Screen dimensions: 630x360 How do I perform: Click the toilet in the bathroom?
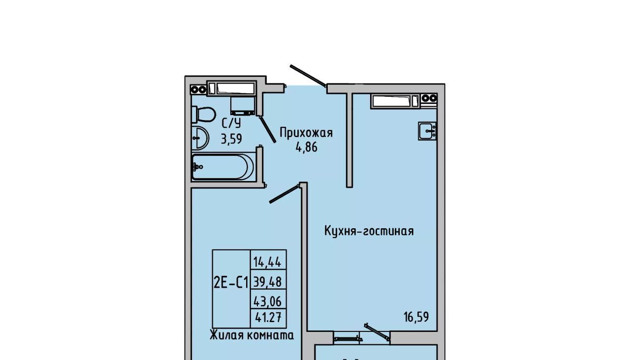click(204, 115)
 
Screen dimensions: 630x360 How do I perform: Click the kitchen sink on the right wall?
click(427, 131)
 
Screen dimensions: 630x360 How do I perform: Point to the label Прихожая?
click(306, 133)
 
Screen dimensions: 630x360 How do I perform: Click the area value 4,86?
click(306, 147)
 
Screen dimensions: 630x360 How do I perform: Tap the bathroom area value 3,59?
click(231, 139)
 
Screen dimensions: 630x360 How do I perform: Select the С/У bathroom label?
click(231, 123)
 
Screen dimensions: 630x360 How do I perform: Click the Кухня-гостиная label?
click(369, 231)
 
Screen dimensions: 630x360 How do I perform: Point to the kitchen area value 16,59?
click(416, 317)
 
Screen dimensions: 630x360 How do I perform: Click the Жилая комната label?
click(252, 335)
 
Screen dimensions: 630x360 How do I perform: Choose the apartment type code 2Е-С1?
click(231, 282)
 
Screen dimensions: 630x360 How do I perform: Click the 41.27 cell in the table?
click(268, 318)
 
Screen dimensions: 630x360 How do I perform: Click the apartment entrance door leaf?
click(308, 76)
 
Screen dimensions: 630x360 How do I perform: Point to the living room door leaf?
click(284, 194)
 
